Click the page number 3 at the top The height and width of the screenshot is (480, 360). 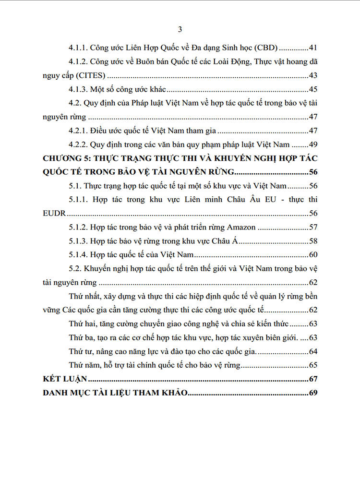(180, 30)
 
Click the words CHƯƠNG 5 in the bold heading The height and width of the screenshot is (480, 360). (67, 158)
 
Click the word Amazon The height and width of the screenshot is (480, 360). (240, 227)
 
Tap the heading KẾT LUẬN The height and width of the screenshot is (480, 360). (61, 379)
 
